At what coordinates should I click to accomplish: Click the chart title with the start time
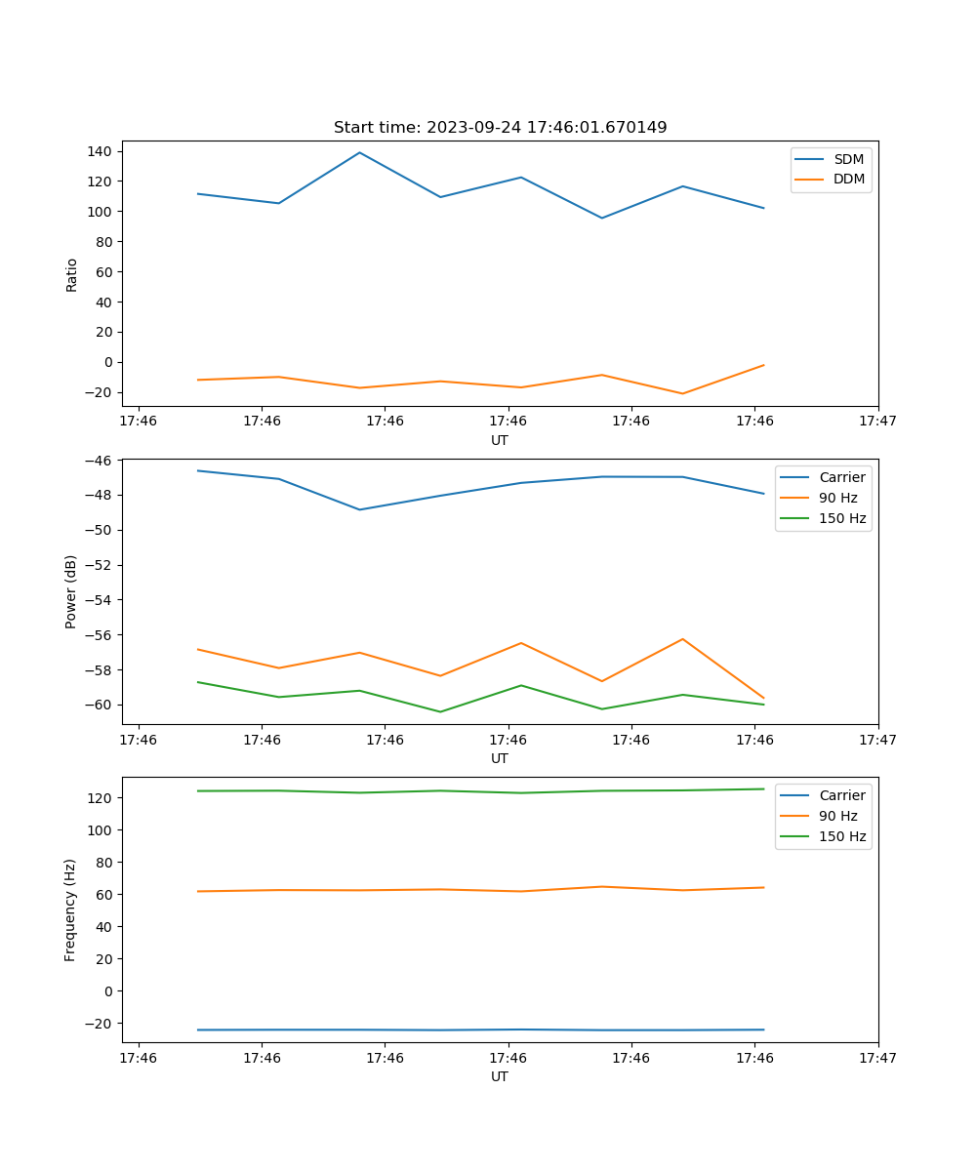[x=500, y=128]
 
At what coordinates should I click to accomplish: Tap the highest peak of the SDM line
[x=359, y=152]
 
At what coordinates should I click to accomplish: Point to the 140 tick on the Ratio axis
[x=101, y=151]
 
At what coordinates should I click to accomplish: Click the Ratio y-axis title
[x=71, y=274]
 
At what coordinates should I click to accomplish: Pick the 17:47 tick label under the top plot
[x=877, y=422]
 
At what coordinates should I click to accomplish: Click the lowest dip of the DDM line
[x=682, y=393]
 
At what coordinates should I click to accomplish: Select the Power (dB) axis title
[x=71, y=591]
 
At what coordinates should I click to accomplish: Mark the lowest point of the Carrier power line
[x=359, y=509]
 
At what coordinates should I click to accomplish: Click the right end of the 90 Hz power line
[x=763, y=699]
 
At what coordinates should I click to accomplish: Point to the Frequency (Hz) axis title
[x=71, y=909]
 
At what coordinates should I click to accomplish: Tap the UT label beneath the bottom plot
[x=500, y=1076]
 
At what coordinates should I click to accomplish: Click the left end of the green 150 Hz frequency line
[x=198, y=790]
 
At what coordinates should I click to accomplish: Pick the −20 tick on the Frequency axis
[x=101, y=1023]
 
